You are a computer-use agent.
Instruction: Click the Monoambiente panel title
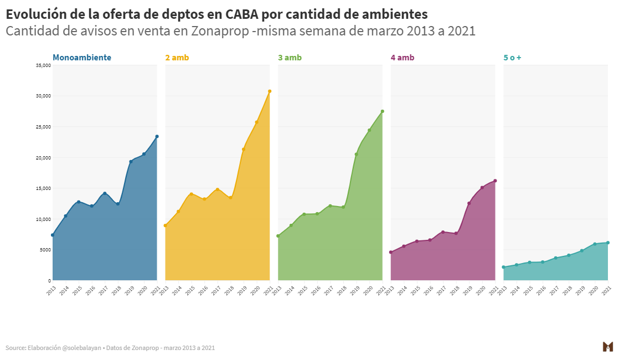point(82,58)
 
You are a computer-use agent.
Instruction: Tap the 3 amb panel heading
point(290,58)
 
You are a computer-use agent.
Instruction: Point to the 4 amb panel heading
point(402,58)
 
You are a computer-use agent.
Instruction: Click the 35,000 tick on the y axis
point(43,65)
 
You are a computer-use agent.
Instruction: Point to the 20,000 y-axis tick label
point(43,158)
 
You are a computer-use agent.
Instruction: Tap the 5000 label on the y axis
point(45,250)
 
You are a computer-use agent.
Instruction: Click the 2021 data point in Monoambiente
point(157,136)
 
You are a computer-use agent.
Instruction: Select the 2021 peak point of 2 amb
point(270,91)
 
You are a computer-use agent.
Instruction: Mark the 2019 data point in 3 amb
point(356,155)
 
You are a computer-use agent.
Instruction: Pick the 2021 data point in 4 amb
point(495,181)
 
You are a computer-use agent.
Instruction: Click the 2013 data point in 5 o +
point(503,267)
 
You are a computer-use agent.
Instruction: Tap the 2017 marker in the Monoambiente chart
point(105,193)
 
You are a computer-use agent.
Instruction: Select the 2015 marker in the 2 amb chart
point(191,194)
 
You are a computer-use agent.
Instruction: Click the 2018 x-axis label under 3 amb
point(342,290)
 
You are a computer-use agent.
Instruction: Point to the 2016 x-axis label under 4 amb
point(429,290)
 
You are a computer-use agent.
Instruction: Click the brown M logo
point(607,347)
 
